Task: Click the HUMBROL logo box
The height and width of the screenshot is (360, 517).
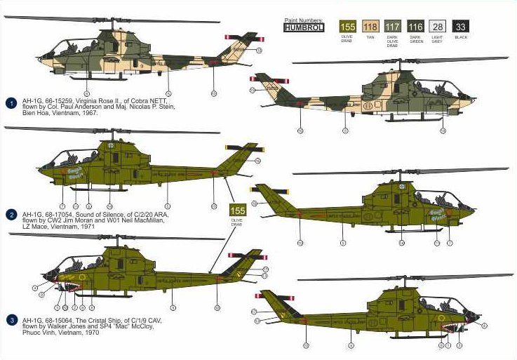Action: point(304,28)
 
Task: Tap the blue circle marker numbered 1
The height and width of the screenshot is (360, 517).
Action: point(10,102)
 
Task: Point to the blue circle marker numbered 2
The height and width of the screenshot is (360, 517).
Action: point(10,214)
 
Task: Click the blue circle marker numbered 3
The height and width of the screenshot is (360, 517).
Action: point(10,320)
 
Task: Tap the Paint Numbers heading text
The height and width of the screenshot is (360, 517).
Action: point(304,20)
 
